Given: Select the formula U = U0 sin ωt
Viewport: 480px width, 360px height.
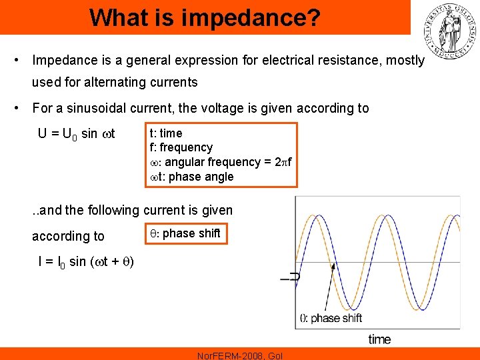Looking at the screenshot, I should coord(77,134).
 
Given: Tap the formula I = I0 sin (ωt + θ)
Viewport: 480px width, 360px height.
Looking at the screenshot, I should coord(85,261).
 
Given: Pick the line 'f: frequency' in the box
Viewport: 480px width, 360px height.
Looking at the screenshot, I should coord(181,147).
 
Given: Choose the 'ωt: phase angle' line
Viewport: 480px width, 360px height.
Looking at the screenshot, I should coord(191,177).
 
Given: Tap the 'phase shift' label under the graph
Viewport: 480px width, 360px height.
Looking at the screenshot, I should coord(336,318).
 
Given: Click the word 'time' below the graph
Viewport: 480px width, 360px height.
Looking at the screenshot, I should coord(379,339).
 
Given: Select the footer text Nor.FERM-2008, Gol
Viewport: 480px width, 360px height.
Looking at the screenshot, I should coord(240,355).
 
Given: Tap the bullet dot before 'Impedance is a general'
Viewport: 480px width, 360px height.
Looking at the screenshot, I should coord(15,60).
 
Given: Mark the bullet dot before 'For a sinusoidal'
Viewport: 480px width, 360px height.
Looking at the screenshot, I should coord(15,108).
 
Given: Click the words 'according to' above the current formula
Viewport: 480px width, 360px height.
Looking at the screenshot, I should coord(68,236).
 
